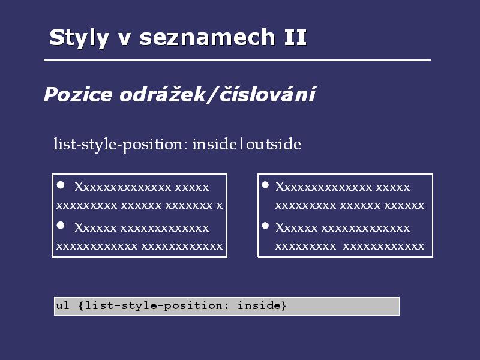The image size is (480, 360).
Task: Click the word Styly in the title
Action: pyautogui.click(x=79, y=38)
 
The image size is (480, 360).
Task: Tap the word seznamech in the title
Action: pyautogui.click(x=207, y=37)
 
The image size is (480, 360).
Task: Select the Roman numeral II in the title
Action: pyautogui.click(x=295, y=37)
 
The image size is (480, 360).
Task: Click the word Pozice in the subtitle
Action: pyautogui.click(x=78, y=94)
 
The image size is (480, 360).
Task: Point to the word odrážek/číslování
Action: pyautogui.click(x=218, y=94)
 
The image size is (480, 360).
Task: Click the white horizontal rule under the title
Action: pyautogui.click(x=237, y=61)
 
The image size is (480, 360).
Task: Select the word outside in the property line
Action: pyautogui.click(x=274, y=144)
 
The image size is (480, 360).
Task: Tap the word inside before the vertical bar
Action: pyautogui.click(x=214, y=144)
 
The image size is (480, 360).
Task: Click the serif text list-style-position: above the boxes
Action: pyautogui.click(x=121, y=145)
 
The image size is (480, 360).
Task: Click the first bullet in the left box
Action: pyautogui.click(x=61, y=185)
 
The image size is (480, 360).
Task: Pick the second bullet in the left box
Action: pyautogui.click(x=61, y=226)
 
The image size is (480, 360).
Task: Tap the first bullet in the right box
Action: pyautogui.click(x=265, y=185)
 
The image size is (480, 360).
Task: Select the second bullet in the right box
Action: pyautogui.click(x=265, y=226)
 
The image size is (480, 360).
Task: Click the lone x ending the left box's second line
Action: pyautogui.click(x=220, y=206)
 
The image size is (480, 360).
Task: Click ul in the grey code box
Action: pyautogui.click(x=63, y=305)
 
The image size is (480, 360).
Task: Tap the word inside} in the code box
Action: pyautogui.click(x=262, y=305)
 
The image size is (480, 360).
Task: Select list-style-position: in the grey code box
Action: pyautogui.click(x=157, y=306)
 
